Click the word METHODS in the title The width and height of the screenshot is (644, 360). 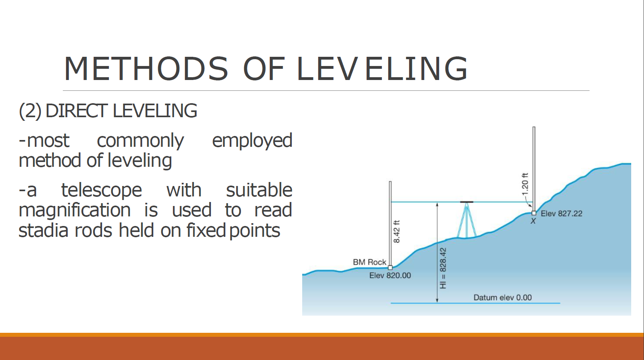[146, 69]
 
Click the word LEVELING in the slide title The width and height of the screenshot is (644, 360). [382, 69]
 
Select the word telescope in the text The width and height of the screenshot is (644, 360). [102, 190]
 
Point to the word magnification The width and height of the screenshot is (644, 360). [75, 210]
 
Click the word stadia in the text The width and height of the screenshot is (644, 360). [44, 230]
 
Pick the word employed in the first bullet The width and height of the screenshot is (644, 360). [252, 141]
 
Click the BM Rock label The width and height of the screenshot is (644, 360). [369, 262]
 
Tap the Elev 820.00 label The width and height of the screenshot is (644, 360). [390, 275]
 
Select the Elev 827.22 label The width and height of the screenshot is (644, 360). [562, 214]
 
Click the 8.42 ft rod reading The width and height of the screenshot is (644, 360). [397, 232]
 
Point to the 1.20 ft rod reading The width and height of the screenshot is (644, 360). [525, 184]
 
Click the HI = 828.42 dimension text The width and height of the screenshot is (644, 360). [443, 268]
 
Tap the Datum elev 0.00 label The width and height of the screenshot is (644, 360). [503, 297]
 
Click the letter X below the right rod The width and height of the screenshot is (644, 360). [533, 221]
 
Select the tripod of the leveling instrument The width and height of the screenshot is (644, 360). [467, 220]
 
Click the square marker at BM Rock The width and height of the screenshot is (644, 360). [390, 268]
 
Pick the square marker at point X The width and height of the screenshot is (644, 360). [534, 213]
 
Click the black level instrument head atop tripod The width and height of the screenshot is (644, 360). [467, 202]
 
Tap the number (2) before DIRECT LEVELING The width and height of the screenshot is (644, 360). [30, 111]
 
